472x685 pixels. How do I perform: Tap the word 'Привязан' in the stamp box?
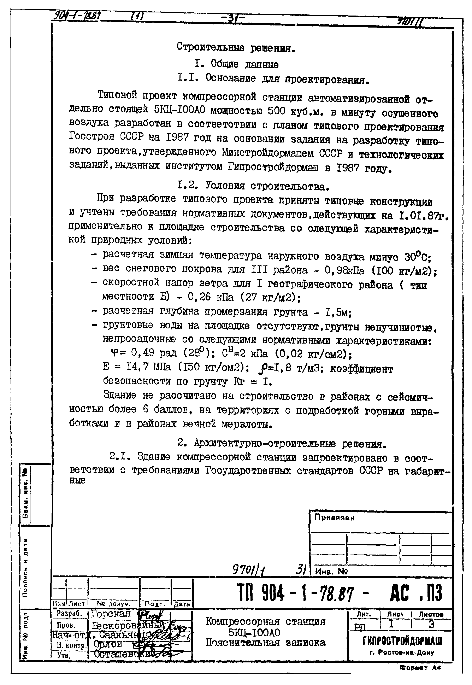click(334, 518)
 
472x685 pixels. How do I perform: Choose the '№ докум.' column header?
click(114, 604)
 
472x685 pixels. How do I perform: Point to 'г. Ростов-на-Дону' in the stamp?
click(402, 652)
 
